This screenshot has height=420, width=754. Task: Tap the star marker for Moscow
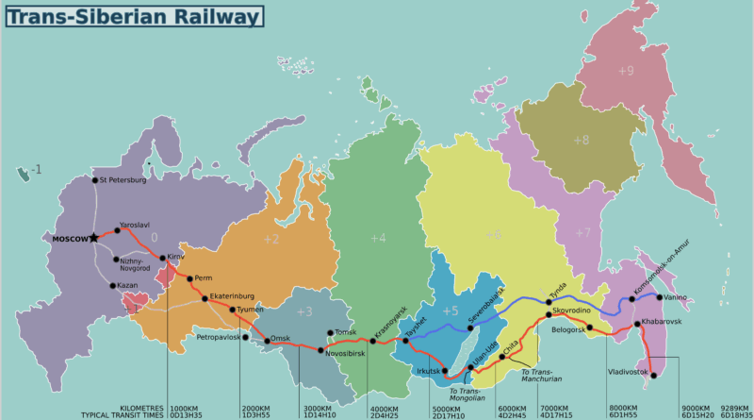(x=93, y=238)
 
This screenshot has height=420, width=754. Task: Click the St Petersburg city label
(x=123, y=179)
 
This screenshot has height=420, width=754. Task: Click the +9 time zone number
(x=627, y=71)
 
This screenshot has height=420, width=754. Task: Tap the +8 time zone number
(x=581, y=140)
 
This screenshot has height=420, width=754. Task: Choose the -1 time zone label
(x=36, y=170)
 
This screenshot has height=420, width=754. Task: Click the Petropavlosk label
(x=218, y=337)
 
